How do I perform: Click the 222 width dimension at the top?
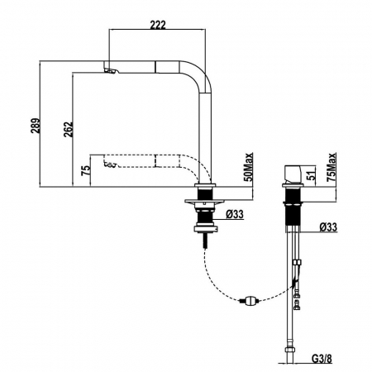click(158, 25)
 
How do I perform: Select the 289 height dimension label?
click(36, 126)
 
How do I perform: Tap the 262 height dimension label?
click(68, 130)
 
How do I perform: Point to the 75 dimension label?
click(85, 171)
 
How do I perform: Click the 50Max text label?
click(248, 167)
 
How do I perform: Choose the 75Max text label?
click(331, 167)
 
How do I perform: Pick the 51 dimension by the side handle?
click(311, 175)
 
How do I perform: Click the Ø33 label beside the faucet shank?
click(235, 214)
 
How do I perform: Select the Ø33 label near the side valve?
click(328, 227)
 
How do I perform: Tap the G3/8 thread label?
click(322, 359)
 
